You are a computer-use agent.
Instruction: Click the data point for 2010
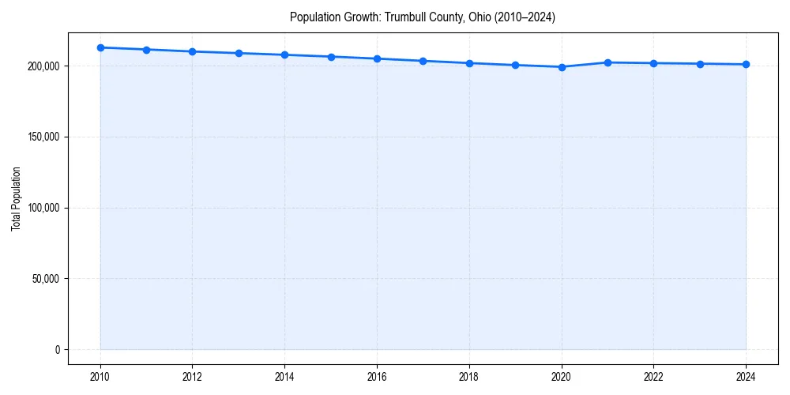point(100,47)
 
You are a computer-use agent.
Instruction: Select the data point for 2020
point(562,67)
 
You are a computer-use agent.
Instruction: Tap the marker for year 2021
point(608,62)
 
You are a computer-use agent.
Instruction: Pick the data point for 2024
point(746,64)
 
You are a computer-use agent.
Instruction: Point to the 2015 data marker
point(331,57)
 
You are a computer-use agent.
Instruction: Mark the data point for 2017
point(423,61)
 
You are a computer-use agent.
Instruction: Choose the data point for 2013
point(239,53)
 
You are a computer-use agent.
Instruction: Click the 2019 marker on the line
point(515,65)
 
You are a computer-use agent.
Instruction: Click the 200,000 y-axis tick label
point(43,66)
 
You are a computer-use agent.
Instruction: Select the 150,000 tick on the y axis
point(43,137)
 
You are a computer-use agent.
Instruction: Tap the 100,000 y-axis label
point(43,208)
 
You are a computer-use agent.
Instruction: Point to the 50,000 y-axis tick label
point(46,279)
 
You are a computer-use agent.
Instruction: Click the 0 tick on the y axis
point(58,350)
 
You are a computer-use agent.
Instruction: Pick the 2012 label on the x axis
point(193,377)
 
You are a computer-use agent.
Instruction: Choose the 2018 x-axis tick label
point(469,377)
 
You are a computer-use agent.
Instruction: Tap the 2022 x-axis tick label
point(653,377)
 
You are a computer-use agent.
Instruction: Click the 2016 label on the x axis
point(377,377)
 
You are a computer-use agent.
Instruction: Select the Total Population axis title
point(16,199)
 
